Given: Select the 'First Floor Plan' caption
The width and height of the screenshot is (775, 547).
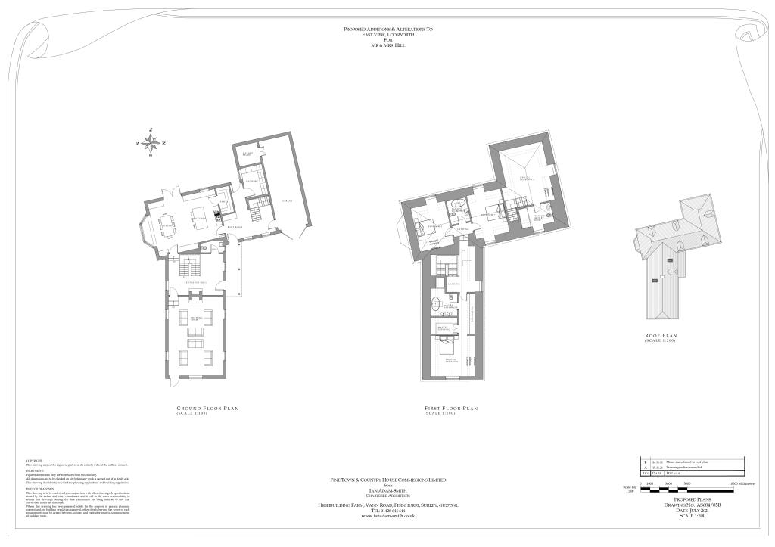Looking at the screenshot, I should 451,408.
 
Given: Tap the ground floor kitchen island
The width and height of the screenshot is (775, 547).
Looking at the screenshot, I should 200,219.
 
